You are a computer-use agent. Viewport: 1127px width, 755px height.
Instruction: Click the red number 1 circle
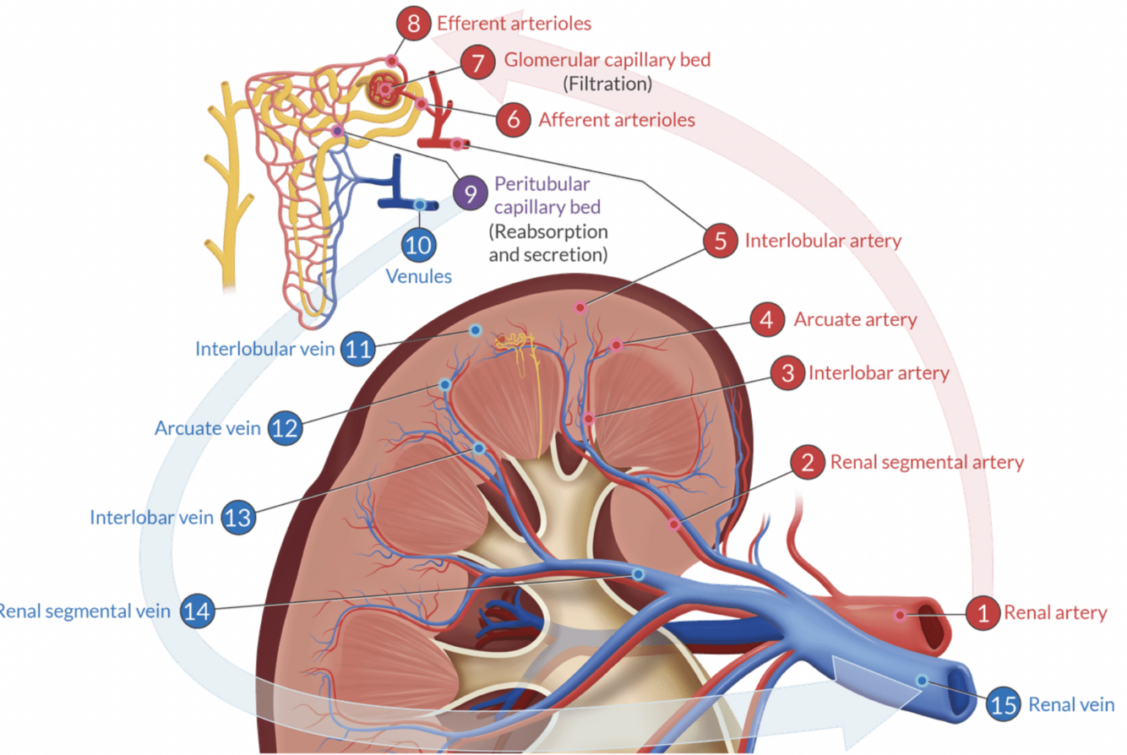pos(983,612)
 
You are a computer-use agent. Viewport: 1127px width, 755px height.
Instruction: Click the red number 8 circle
pos(413,23)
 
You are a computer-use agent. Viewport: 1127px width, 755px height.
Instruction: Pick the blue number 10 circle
pos(420,245)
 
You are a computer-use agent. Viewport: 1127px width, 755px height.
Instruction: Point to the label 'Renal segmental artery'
pos(927,462)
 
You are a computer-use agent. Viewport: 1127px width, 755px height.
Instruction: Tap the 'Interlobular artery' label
pos(823,241)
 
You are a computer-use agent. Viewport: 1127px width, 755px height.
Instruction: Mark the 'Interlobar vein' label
pos(152,517)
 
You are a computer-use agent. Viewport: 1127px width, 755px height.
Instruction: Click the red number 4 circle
pos(766,321)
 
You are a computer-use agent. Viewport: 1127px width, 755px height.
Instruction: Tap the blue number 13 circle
pos(239,517)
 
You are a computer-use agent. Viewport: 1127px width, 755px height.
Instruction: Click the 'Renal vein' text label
pos(1071,703)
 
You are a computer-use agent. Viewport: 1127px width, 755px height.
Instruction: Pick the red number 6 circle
pos(512,120)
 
